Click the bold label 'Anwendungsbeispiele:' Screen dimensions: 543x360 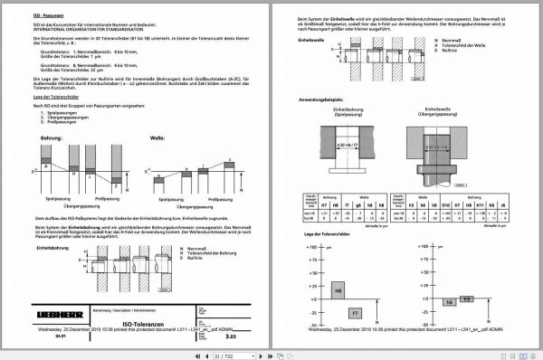(326, 100)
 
